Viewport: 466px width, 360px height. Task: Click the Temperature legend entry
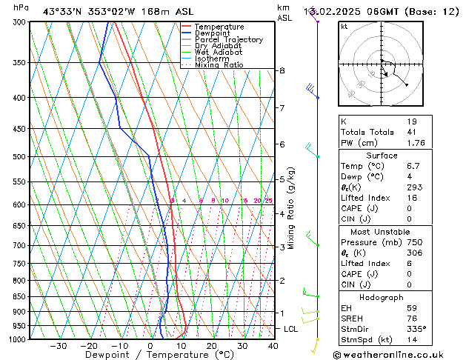[x=219, y=27]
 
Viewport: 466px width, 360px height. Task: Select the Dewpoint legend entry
[x=216, y=33]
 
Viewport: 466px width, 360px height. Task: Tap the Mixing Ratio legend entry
[x=219, y=65]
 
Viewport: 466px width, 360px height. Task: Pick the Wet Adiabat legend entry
[x=217, y=53]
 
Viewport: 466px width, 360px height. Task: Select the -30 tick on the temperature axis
[x=59, y=346]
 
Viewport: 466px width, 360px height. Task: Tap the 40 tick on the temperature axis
[x=273, y=346]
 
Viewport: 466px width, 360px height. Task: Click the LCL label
[x=292, y=328]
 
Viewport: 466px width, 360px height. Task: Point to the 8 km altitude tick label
[x=282, y=70]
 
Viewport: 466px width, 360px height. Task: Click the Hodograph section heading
[x=382, y=297]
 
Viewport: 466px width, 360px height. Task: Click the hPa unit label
[x=21, y=7]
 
